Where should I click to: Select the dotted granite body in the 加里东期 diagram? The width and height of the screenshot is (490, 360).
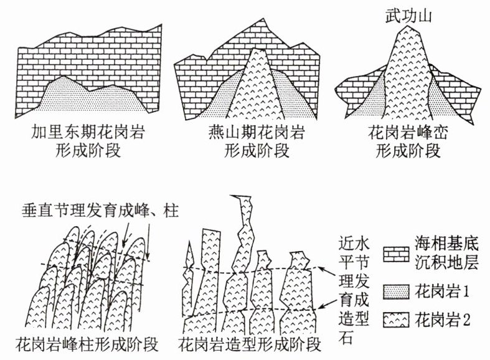[93, 97]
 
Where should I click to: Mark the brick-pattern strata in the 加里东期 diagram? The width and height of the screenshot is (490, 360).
[87, 56]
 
